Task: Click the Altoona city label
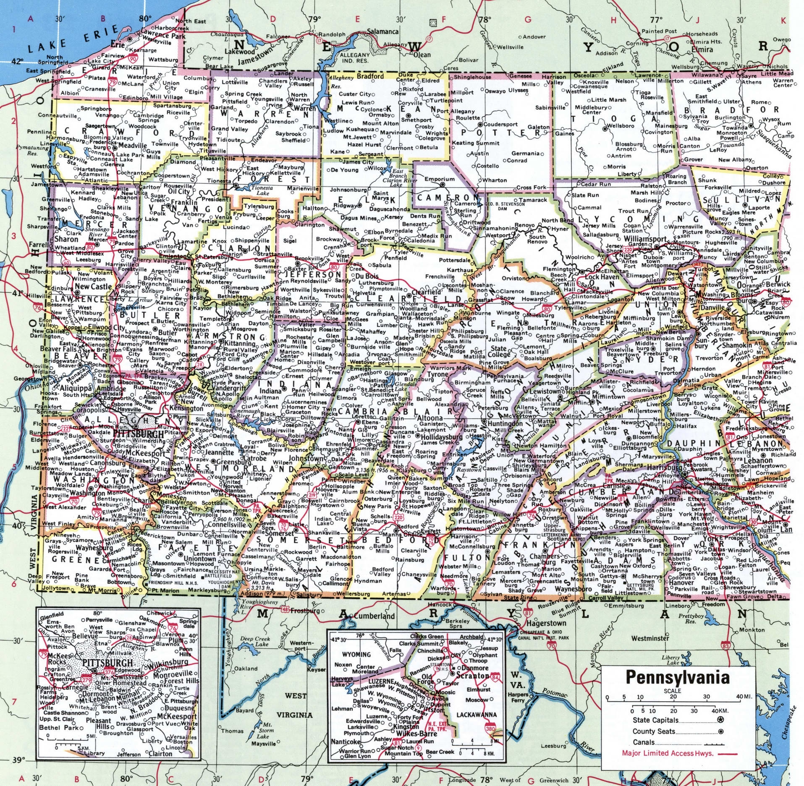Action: click(x=429, y=418)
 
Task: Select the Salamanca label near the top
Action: click(x=382, y=31)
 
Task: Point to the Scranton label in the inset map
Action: click(x=472, y=676)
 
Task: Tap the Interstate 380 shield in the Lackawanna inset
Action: click(x=490, y=729)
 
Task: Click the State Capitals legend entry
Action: click(x=655, y=720)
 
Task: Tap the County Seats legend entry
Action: click(x=654, y=731)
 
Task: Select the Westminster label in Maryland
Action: click(x=650, y=638)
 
